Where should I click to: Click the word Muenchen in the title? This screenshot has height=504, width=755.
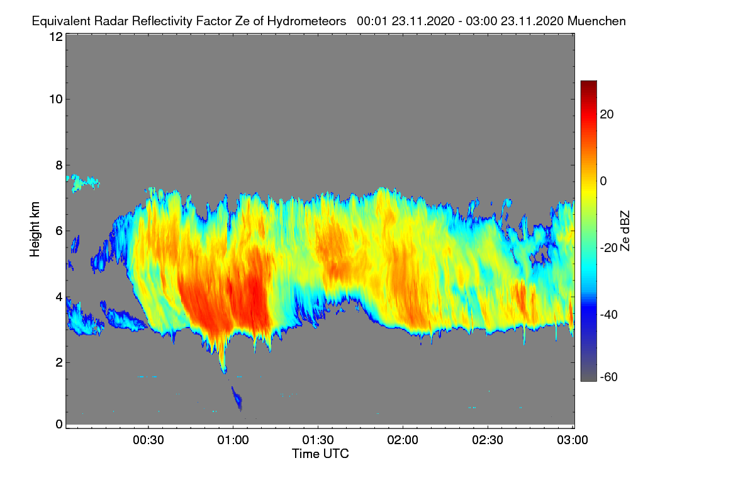[x=596, y=21]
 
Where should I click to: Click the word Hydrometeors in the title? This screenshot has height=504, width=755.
[x=306, y=21]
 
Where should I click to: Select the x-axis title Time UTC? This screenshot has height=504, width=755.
[x=320, y=454]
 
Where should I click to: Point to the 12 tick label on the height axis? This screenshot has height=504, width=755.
[x=55, y=37]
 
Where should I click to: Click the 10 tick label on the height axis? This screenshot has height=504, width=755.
[x=55, y=99]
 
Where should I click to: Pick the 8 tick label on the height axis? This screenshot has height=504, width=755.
[x=59, y=165]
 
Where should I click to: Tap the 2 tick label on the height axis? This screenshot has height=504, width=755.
[x=59, y=362]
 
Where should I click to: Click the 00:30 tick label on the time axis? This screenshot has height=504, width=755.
[x=148, y=440]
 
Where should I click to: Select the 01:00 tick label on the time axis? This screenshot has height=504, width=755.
[x=233, y=440]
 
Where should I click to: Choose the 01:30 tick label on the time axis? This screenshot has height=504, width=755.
[x=318, y=440]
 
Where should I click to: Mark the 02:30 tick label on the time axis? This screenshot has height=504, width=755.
[x=488, y=440]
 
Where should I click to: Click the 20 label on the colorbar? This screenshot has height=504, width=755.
[x=607, y=114]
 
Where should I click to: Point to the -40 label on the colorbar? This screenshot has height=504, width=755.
[x=609, y=314]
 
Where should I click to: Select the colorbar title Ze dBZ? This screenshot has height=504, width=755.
[x=625, y=231]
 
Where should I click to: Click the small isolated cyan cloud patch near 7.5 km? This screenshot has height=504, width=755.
[x=82, y=183]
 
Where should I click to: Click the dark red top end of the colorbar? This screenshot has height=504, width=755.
[x=588, y=84]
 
